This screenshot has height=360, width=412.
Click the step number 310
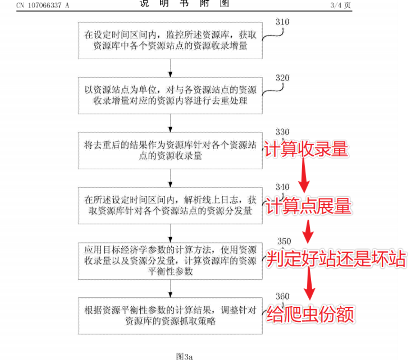(283, 22)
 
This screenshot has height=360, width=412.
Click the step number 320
(283, 78)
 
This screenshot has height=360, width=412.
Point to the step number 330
(283, 132)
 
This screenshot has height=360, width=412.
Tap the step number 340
(283, 187)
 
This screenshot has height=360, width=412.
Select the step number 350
(284, 241)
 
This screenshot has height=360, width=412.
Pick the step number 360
(283, 296)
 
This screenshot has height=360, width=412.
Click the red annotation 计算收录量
(306, 149)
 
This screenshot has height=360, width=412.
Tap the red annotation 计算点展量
(309, 206)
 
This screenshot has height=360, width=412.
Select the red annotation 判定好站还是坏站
(336, 259)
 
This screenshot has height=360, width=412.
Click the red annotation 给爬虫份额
(310, 314)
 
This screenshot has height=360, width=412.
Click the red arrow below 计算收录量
(304, 175)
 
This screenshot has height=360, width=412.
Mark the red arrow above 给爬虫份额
(309, 284)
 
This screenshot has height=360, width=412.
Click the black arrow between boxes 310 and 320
(170, 68)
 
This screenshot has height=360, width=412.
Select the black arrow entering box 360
(170, 289)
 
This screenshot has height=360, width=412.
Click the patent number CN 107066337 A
(43, 5)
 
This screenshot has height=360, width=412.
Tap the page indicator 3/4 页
(340, 5)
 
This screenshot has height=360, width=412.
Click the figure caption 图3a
(184, 356)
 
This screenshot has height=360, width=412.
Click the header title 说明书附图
(184, 3)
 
